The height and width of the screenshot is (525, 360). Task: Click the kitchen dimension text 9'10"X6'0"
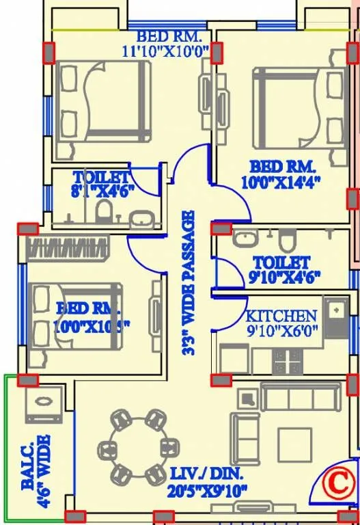tap(281, 330)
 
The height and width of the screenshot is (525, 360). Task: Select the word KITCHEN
tap(281, 316)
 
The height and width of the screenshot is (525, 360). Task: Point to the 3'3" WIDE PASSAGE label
tap(189, 282)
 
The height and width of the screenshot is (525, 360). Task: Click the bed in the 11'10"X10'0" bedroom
tap(102, 98)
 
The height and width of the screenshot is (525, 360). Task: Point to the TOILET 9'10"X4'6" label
tap(281, 270)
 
